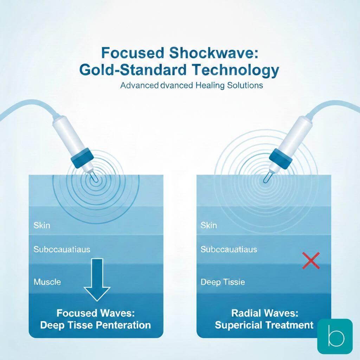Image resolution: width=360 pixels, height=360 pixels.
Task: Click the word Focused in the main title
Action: point(133,53)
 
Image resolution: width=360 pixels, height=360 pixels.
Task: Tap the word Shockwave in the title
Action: point(214,53)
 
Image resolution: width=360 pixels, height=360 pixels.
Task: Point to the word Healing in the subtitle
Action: point(210,85)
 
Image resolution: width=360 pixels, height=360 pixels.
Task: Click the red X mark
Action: point(311,261)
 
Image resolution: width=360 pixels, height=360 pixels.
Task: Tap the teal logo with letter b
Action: point(335,336)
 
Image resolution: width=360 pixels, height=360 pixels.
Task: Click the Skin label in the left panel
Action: point(42,225)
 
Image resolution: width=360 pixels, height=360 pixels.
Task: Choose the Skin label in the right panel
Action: point(209,225)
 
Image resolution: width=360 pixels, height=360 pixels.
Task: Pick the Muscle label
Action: point(47,282)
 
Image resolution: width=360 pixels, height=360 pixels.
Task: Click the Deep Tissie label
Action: point(223,282)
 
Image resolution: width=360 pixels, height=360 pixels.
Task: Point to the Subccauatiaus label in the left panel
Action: point(62,249)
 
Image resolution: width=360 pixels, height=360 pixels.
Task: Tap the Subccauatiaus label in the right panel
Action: point(229,249)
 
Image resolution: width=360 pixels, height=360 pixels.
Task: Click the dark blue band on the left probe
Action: point(82,158)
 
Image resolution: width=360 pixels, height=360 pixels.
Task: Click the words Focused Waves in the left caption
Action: point(96,313)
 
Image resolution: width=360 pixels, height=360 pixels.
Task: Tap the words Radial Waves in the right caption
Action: point(264,313)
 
